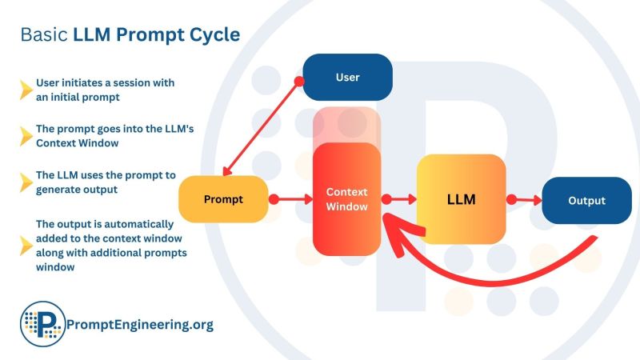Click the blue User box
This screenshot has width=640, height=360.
pyautogui.click(x=347, y=77)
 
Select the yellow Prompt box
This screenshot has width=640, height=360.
pyautogui.click(x=223, y=199)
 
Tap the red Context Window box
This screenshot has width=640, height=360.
pyautogui.click(x=346, y=199)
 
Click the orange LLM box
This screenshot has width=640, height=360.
pyautogui.click(x=461, y=199)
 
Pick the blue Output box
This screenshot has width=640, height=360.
pyautogui.click(x=586, y=200)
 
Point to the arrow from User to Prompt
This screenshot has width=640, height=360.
pyautogui.click(x=261, y=129)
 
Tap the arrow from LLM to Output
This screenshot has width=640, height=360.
pyautogui.click(x=525, y=199)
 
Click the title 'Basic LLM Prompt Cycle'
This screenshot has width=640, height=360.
pyautogui.click(x=130, y=35)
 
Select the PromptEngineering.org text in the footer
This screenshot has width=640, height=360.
pyautogui.click(x=142, y=325)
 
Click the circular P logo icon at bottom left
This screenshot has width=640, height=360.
pyautogui.click(x=42, y=324)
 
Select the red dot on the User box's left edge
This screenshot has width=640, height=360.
pyautogui.click(x=299, y=81)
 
